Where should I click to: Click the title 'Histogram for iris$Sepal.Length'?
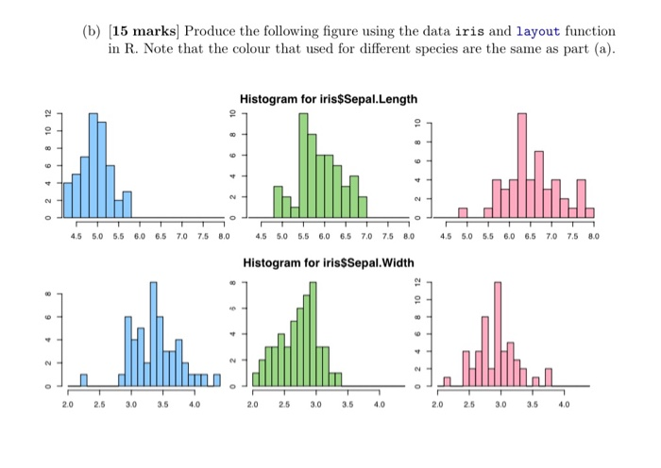(328, 99)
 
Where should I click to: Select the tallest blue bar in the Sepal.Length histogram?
(93, 164)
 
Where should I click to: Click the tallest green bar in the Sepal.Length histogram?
(303, 164)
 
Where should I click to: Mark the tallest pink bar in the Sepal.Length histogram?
(521, 164)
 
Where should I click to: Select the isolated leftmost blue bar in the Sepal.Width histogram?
(83, 380)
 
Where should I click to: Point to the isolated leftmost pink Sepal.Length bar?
(463, 212)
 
